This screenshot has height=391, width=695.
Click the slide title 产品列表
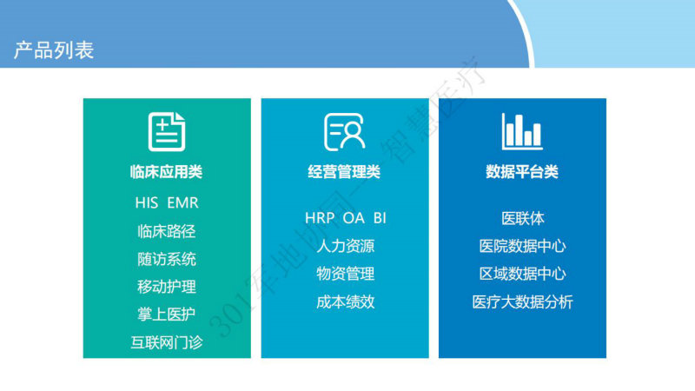point(54,50)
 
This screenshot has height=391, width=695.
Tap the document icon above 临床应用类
point(167,132)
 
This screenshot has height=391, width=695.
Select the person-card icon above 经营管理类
point(344,132)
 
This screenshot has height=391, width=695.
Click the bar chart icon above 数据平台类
point(522,131)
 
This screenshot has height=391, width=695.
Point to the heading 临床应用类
point(167,172)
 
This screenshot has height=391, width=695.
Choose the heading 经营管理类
point(344,172)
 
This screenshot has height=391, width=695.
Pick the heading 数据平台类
point(522,172)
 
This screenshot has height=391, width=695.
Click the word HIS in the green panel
point(147,203)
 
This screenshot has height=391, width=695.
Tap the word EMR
point(182,203)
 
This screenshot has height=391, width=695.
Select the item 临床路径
point(167,231)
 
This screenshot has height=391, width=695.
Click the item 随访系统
point(167,259)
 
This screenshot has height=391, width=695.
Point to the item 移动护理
point(167,287)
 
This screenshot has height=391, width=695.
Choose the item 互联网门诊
point(167,342)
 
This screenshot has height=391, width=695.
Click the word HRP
point(320,218)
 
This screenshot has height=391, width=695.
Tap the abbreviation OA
point(354,218)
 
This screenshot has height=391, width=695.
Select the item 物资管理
point(345,274)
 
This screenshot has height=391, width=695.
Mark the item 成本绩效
point(345,302)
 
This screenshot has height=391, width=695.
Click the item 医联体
point(523,219)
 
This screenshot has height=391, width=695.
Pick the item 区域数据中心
point(523,274)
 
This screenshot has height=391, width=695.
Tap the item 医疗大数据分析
point(523,302)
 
